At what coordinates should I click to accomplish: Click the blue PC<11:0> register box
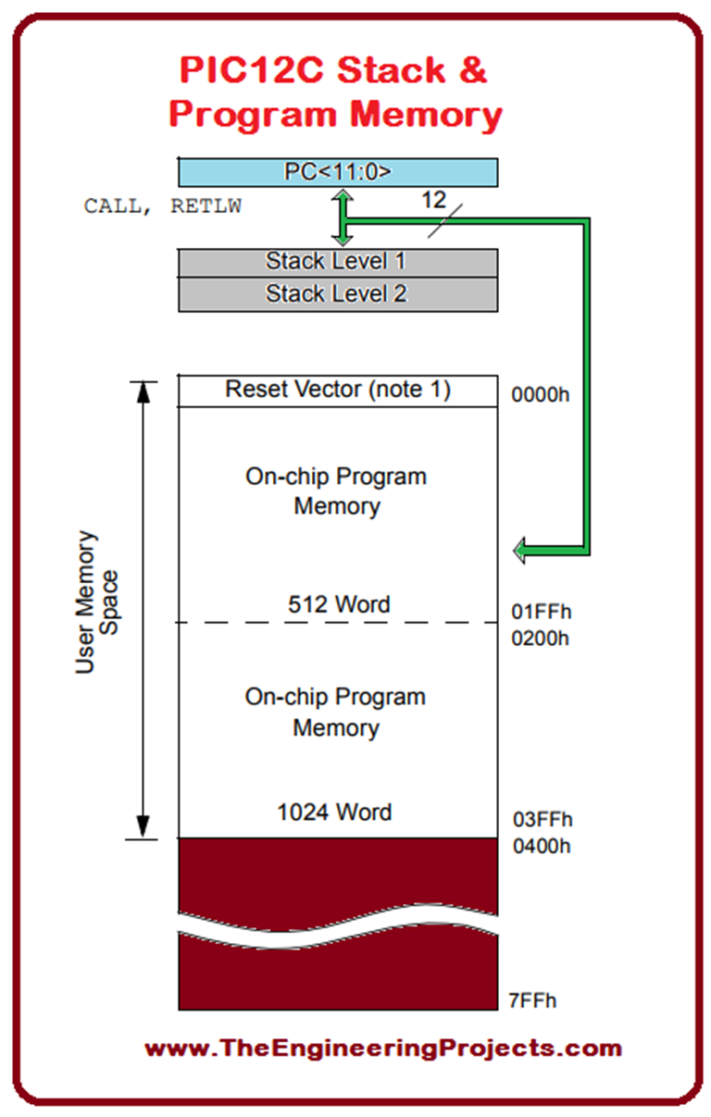(x=338, y=172)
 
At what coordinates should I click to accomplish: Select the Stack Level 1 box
(x=338, y=262)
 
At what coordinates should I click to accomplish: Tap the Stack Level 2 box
(x=338, y=295)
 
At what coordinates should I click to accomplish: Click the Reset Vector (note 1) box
(x=338, y=390)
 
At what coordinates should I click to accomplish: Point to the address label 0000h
(x=542, y=395)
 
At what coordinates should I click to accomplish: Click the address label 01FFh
(x=542, y=612)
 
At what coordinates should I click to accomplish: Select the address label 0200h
(x=542, y=639)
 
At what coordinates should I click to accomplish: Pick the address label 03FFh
(x=543, y=820)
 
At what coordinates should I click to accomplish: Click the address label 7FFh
(x=532, y=1000)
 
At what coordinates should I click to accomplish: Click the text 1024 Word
(x=334, y=813)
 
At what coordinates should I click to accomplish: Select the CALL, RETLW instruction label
(x=163, y=206)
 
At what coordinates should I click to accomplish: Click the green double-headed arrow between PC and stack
(x=343, y=217)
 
